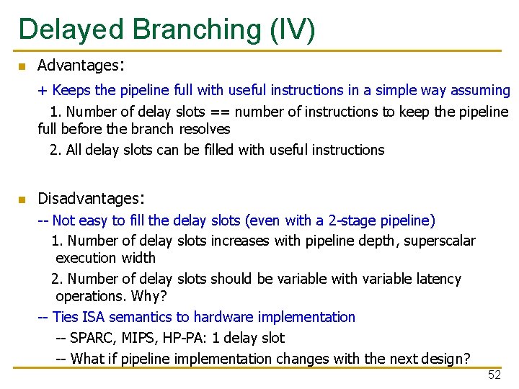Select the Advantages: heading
pyautogui.click(x=81, y=66)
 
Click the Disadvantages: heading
pyautogui.click(x=92, y=198)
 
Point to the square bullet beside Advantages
pyautogui.click(x=22, y=67)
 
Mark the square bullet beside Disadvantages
pyautogui.click(x=22, y=200)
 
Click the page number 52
pyautogui.click(x=494, y=375)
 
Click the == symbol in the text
pyautogui.click(x=220, y=112)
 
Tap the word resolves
pyautogui.click(x=204, y=130)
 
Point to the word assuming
pyautogui.click(x=480, y=91)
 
